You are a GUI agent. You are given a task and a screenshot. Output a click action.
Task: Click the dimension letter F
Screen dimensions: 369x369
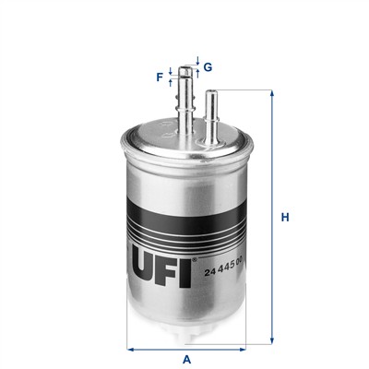pyautogui.click(x=160, y=77)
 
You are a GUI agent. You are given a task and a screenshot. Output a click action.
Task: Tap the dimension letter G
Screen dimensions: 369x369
pyautogui.click(x=208, y=66)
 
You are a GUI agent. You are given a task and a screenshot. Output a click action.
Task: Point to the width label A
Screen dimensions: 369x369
pyautogui.click(x=186, y=359)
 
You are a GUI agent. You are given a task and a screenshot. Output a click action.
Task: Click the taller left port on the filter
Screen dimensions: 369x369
pyautogui.click(x=186, y=97)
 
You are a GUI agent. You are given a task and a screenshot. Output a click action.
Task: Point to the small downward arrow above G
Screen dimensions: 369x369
pyautogui.click(x=197, y=61)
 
